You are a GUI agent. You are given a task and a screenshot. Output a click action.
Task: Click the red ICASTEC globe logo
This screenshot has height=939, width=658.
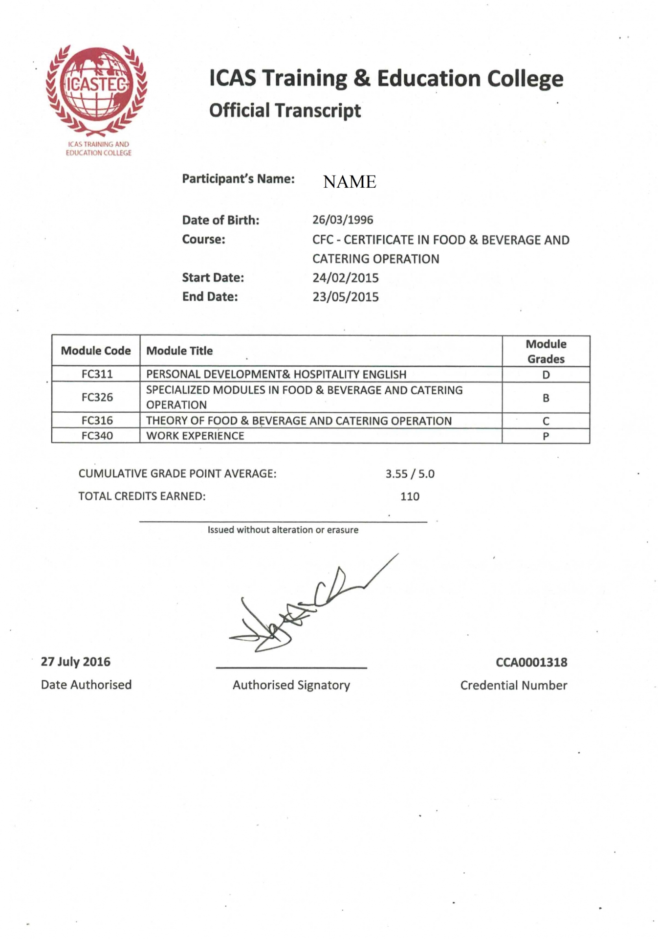pos(96,90)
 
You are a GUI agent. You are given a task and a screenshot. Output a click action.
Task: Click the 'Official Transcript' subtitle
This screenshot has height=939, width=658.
pos(285,111)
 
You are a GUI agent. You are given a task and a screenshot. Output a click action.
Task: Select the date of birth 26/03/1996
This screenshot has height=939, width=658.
pos(343,220)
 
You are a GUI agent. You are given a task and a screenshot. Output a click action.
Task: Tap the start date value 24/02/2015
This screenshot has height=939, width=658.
pos(346,278)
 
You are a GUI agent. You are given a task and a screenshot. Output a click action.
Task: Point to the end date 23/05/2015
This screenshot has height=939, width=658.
pos(346,297)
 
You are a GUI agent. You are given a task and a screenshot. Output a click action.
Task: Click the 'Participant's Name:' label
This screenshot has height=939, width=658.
pos(238,179)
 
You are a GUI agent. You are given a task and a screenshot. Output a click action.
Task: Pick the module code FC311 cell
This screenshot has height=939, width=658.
pos(97,374)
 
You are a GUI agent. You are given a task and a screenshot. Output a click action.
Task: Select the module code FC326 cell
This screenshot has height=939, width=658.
pos(97,397)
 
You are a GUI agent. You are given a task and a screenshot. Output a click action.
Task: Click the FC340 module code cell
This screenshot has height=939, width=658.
pos(97,435)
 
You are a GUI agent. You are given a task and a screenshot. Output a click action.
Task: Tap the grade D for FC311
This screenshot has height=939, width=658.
pos(546,375)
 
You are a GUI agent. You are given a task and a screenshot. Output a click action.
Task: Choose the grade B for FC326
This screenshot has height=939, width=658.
pos(546,398)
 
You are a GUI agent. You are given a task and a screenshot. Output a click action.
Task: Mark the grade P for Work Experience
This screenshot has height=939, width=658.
pos(546,436)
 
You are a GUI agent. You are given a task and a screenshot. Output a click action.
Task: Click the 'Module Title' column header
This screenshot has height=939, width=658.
pos(179,351)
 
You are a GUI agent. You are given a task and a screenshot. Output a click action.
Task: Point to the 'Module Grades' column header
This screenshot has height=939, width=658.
pos(546,351)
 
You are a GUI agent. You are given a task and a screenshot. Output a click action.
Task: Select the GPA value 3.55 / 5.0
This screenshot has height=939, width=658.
pos(410,474)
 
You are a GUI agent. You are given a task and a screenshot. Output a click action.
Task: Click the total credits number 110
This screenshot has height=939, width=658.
pos(410,496)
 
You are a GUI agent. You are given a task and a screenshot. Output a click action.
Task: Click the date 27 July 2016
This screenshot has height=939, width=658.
pos(76,662)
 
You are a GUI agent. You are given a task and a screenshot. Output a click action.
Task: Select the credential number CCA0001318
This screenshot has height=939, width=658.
pos(531,662)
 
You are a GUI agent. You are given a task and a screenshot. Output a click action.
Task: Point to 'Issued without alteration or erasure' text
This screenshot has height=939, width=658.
pos(283,530)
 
